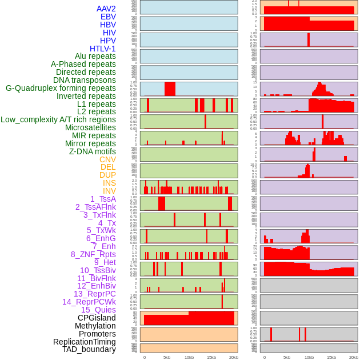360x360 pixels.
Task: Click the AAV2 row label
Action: pos(106,9)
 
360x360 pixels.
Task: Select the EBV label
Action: pos(108,17)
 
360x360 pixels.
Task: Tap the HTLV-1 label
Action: pos(103,49)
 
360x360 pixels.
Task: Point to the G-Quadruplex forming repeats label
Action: pos(61,88)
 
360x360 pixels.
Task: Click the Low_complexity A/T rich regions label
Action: pos(58,119)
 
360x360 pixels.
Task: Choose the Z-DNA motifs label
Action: pos(93,151)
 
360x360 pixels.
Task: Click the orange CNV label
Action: pos(107,159)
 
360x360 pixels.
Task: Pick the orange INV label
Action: pos(109,191)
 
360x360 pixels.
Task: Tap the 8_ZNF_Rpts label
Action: pos(93,254)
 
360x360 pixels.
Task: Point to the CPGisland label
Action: pos(97,318)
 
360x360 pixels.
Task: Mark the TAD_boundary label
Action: pos(89,349)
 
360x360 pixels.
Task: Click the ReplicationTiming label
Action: pos(85,342)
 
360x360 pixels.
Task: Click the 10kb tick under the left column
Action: pos(189,357)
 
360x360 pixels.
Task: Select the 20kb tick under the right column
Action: pos(354,357)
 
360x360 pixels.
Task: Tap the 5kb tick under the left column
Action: pos(167,357)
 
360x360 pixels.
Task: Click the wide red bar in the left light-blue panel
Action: pos(170,89)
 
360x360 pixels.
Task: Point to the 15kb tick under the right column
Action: pos(331,357)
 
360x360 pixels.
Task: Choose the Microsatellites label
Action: pos(90,127)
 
